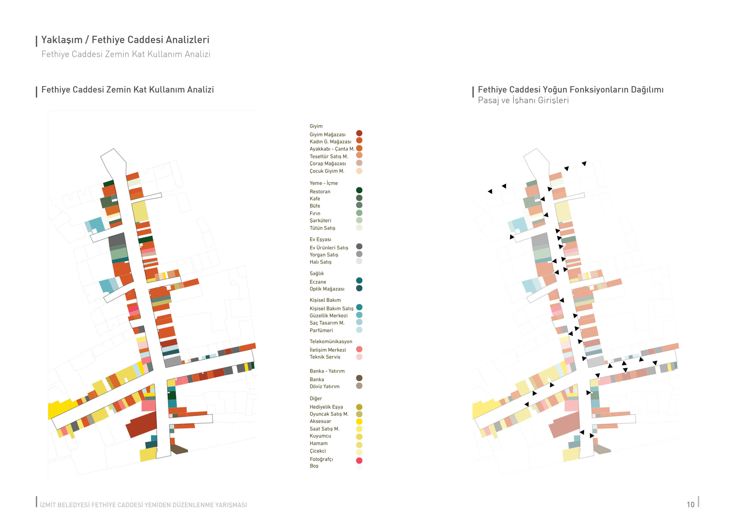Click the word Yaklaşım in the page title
pyautogui.click(x=62, y=40)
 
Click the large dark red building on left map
pyautogui.click(x=142, y=425)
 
